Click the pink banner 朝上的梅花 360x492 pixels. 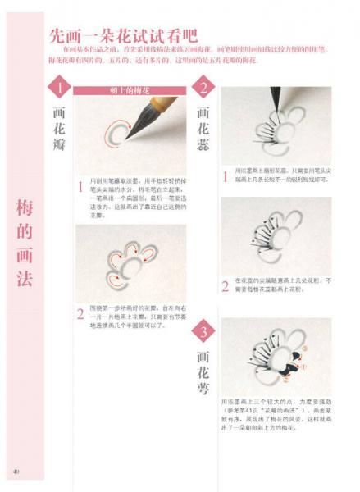pyautogui.click(x=130, y=90)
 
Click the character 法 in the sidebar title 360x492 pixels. pyautogui.click(x=25, y=277)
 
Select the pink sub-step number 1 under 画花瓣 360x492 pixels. pyautogui.click(x=80, y=187)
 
